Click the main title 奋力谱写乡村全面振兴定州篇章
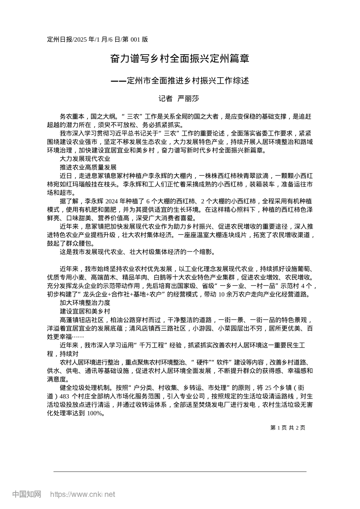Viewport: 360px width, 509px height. (x=180, y=59)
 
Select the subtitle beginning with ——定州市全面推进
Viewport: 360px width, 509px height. (x=180, y=81)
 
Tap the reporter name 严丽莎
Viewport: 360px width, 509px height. (x=188, y=99)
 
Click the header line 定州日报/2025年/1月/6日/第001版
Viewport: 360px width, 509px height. (x=97, y=39)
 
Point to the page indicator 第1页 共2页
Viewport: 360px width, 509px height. (x=288, y=428)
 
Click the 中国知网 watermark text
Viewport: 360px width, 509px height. (x=27, y=494)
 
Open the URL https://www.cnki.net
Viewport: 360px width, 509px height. (x=83, y=494)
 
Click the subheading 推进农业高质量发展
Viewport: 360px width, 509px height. (x=88, y=167)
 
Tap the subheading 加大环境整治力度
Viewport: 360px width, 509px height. (x=85, y=303)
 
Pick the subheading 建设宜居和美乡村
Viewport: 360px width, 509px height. (x=85, y=311)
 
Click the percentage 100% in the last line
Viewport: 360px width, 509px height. (x=95, y=413)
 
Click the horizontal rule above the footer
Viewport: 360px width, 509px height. (x=180, y=472)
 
